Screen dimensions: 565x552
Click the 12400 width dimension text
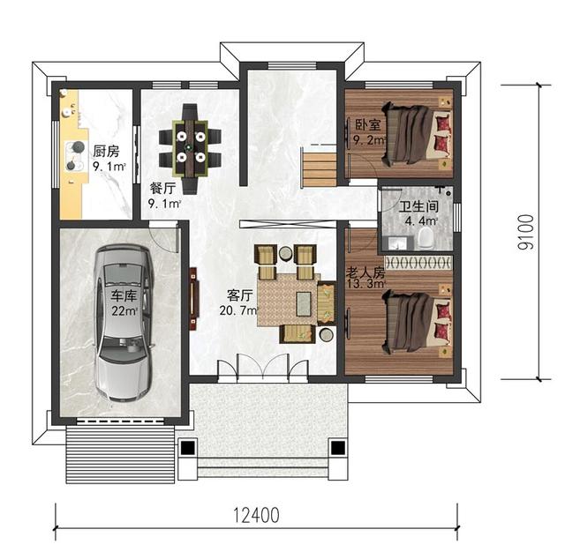(x=257, y=515)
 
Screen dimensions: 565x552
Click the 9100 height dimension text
(x=525, y=233)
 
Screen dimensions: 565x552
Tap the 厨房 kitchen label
(x=106, y=151)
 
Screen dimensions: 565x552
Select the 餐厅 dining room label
(x=162, y=188)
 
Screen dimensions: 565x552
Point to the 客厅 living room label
(x=240, y=295)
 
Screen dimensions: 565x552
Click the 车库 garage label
(x=124, y=295)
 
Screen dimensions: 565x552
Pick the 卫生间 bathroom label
(x=418, y=206)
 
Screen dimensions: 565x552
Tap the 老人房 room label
(x=365, y=272)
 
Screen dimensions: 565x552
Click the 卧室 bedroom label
(x=368, y=125)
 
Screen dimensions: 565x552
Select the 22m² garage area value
(x=124, y=310)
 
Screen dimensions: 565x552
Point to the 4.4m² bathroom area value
(x=421, y=221)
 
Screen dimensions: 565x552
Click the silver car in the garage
(x=124, y=323)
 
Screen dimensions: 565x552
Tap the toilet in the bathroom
(x=426, y=239)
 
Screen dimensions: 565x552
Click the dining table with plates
(x=190, y=149)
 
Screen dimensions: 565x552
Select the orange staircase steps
(x=320, y=169)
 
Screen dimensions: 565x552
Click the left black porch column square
(x=187, y=448)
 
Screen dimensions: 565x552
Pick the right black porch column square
(x=337, y=448)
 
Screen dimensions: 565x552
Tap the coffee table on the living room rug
(x=304, y=303)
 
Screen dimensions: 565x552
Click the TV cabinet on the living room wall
(x=194, y=298)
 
